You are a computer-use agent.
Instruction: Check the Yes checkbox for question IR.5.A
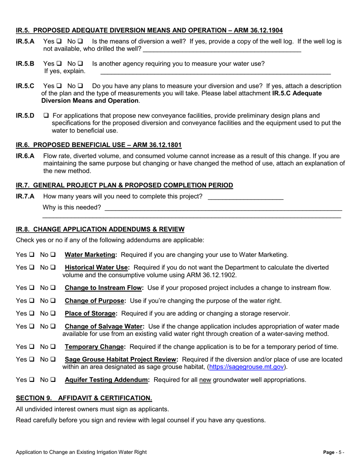[59, 41]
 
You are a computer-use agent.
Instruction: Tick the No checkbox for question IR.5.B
[80, 64]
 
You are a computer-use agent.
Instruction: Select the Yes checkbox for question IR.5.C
[59, 86]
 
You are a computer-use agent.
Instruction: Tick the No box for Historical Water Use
[53, 267]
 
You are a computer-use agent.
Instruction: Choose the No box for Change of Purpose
[53, 301]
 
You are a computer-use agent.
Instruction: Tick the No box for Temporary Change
[53, 347]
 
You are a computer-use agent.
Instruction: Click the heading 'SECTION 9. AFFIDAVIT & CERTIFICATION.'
[84, 398]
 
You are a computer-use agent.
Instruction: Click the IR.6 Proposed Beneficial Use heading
[99, 145]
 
